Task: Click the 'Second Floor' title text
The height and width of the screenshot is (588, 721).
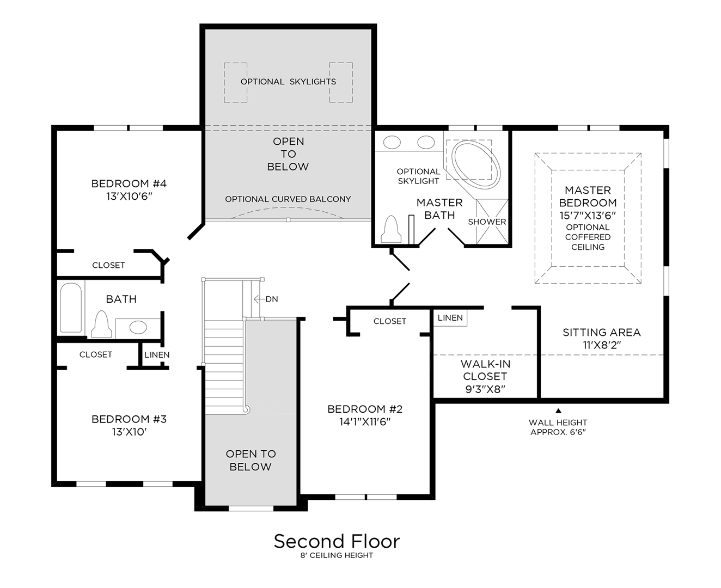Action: (x=337, y=541)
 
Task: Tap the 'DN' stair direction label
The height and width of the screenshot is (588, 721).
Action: (x=271, y=299)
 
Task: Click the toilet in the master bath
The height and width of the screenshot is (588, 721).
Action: (x=391, y=229)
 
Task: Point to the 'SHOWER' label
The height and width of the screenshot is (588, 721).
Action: (x=487, y=222)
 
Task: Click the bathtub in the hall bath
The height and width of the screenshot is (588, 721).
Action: (x=70, y=308)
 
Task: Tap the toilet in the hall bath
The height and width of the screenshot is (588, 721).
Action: (x=101, y=324)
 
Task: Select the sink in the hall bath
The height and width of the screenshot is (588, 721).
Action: (x=138, y=327)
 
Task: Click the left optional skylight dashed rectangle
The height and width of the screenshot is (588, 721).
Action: (x=235, y=82)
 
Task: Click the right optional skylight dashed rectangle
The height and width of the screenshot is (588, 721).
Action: (x=341, y=82)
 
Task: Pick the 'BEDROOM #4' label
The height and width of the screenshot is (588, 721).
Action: (x=129, y=183)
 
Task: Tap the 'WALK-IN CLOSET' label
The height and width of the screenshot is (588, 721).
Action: (x=485, y=370)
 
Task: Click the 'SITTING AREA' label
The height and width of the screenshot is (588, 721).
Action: (x=601, y=332)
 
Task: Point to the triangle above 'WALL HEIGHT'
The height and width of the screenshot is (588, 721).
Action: (x=558, y=411)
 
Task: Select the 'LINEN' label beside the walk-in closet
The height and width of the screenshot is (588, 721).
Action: (x=450, y=318)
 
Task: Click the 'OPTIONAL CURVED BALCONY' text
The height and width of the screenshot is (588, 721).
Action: (x=288, y=199)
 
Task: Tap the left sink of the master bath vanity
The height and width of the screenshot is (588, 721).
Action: (x=392, y=143)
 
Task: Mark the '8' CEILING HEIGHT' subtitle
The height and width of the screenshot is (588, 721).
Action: (x=337, y=555)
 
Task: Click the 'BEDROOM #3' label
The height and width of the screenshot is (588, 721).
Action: (x=129, y=419)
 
